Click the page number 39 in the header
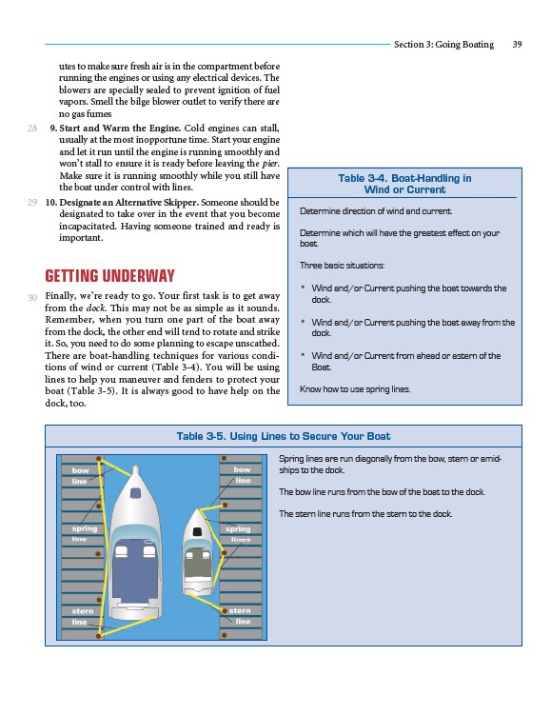click(517, 44)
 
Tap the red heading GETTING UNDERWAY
click(109, 276)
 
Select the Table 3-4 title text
click(404, 184)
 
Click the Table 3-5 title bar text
click(283, 436)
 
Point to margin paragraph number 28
click(32, 129)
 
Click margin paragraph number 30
click(32, 297)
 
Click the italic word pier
click(270, 164)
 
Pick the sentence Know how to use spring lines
click(355, 389)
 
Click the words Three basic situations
click(342, 266)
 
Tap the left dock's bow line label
click(80, 476)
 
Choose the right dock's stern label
click(240, 610)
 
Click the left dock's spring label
click(85, 529)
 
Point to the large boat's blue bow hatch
click(135, 493)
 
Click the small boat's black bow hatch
click(197, 531)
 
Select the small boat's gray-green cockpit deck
click(197, 565)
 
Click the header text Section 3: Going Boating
click(443, 44)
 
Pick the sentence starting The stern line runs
click(365, 514)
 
